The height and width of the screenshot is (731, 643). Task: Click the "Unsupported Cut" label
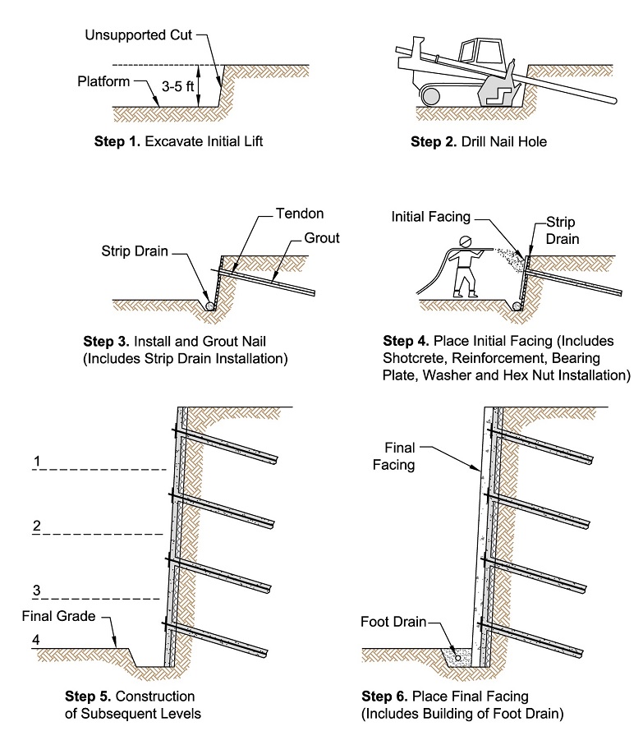(x=139, y=35)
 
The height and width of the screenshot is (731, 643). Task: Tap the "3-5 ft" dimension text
(x=177, y=86)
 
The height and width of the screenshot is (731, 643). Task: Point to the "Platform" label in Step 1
(x=103, y=81)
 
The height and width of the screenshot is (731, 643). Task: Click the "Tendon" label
(x=300, y=214)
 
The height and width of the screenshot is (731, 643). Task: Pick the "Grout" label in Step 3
(x=322, y=237)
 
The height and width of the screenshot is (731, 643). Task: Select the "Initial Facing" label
(x=431, y=217)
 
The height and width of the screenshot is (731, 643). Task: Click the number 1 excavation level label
(x=37, y=461)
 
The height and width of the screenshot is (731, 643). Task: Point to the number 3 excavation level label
(x=37, y=591)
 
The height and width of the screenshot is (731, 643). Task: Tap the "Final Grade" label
(x=59, y=616)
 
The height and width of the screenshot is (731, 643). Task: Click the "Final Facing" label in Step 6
(x=394, y=456)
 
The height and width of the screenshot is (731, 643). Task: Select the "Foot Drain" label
(x=393, y=622)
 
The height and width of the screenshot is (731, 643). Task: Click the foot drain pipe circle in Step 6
(x=457, y=658)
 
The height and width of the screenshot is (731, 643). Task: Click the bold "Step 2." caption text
(x=434, y=142)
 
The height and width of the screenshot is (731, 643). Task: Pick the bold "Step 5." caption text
(x=88, y=696)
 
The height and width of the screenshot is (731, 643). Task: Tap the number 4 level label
(x=36, y=640)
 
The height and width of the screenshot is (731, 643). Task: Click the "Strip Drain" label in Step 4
(x=562, y=230)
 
